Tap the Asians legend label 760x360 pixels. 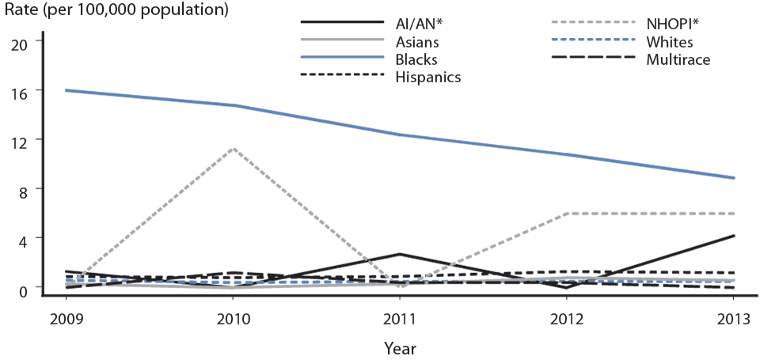tap(417, 42)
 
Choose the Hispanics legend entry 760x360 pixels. tap(427, 77)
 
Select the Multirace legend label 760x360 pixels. tap(678, 59)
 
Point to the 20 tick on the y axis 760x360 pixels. tap(19, 43)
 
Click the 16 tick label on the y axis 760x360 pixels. tap(19, 92)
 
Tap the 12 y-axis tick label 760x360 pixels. tap(19, 141)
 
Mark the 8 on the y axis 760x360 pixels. tap(23, 190)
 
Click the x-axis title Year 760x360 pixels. tap(399, 347)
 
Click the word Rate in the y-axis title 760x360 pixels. tap(20, 11)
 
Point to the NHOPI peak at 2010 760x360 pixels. tap(233, 148)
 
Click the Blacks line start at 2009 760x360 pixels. tap(66, 90)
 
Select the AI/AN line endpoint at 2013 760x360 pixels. tap(733, 236)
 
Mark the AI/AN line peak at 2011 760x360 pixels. tap(399, 254)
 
